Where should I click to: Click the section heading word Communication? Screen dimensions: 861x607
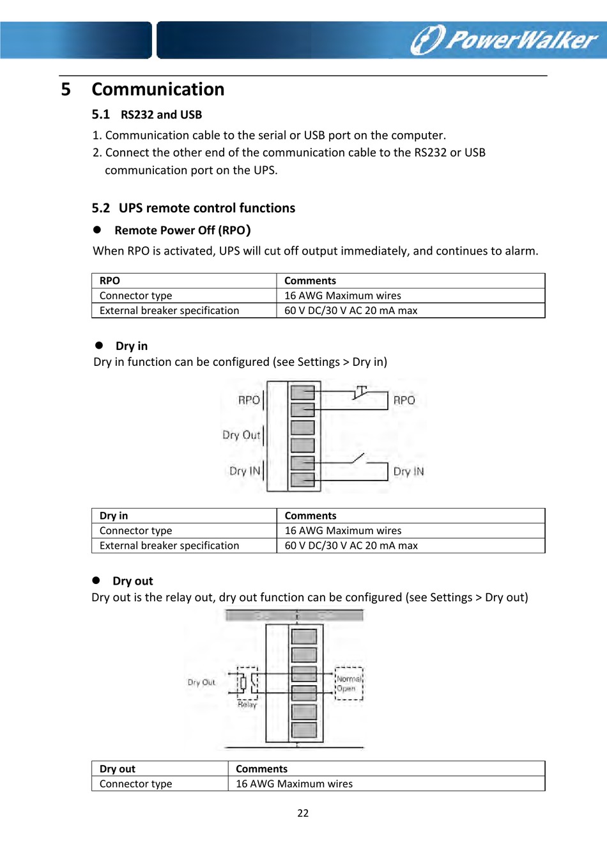tap(158, 90)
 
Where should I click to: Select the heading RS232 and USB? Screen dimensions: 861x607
tap(161, 115)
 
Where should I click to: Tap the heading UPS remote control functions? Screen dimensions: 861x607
tap(206, 208)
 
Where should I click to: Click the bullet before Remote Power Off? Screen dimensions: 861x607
tap(98, 230)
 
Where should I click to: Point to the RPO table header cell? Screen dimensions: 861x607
tap(110, 281)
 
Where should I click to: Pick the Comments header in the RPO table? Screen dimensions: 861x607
tap(310, 281)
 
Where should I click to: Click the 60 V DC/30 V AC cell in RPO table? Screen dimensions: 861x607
tap(351, 311)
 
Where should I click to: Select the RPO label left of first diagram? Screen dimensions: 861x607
tap(249, 400)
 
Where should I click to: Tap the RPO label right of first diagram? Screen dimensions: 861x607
tap(404, 400)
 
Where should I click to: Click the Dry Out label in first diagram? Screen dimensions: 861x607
tap(241, 435)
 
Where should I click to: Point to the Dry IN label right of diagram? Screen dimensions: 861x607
tap(408, 471)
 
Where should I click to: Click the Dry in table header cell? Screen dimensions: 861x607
tap(114, 516)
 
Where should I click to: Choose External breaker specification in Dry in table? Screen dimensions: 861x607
tap(169, 546)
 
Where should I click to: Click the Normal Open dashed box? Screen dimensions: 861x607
tap(349, 684)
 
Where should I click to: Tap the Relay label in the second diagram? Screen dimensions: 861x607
tap(247, 704)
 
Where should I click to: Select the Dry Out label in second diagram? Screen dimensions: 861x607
tap(201, 683)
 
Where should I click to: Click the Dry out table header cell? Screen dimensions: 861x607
tap(118, 769)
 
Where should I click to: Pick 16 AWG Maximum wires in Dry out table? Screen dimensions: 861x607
tap(294, 784)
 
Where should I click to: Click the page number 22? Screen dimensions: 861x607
tap(303, 813)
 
